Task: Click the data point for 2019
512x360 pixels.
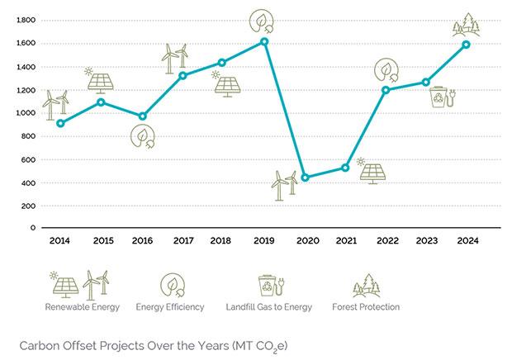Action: [264, 41]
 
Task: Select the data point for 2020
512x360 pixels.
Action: [305, 178]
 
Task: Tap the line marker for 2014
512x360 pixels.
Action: [60, 123]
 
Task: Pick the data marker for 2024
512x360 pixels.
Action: [466, 45]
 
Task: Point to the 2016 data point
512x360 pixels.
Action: [142, 116]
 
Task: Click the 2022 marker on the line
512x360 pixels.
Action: [386, 90]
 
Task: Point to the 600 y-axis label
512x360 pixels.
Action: [28, 160]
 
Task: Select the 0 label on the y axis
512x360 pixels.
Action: [32, 227]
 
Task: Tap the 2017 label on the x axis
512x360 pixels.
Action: [183, 240]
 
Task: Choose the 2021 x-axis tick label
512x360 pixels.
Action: [345, 240]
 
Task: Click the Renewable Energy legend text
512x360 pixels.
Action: [82, 307]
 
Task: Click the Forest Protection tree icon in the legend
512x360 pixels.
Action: [366, 285]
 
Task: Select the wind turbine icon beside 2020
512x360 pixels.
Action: [285, 185]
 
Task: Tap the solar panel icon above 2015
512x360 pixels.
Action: [101, 79]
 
